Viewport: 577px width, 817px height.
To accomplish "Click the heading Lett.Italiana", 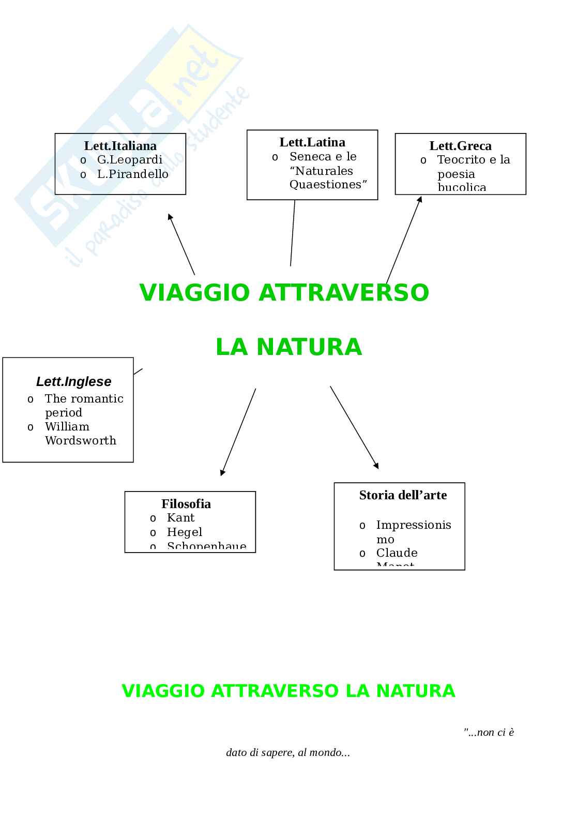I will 120,145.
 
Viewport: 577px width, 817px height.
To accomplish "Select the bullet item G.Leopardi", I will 129,159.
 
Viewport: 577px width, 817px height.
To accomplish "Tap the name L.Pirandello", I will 133,174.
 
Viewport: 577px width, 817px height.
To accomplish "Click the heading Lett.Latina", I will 312,142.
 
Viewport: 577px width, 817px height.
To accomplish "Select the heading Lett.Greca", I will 460,146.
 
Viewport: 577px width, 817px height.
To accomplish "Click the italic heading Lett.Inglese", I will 73,381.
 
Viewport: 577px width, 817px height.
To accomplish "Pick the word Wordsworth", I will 81,440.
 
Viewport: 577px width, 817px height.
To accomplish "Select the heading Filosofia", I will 186,503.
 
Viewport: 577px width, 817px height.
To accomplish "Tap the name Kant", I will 180,517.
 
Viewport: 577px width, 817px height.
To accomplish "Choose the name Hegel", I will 184,532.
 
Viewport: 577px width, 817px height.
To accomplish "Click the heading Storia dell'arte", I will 403,495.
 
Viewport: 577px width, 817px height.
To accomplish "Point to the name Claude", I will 397,553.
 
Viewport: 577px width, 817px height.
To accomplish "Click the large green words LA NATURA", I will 288,347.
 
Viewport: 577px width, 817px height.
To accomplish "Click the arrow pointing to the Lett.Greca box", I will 404,240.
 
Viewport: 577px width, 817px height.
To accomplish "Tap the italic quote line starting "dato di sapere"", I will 288,752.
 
